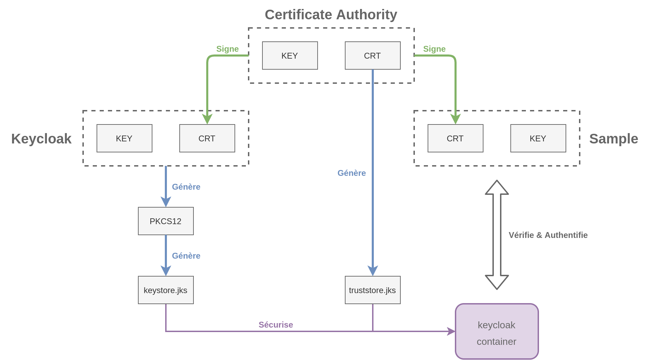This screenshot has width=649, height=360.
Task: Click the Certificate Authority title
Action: (331, 15)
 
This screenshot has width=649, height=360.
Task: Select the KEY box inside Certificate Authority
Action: (290, 56)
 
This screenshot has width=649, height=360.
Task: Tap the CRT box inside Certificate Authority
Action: (372, 56)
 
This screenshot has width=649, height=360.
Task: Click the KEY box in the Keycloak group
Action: (124, 138)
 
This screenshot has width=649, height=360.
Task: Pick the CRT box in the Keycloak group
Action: (207, 138)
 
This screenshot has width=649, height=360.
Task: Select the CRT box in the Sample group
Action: (455, 138)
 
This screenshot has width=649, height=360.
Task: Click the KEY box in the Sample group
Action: (538, 138)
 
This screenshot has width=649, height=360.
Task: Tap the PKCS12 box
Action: (166, 221)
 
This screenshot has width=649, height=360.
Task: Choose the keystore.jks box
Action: (166, 290)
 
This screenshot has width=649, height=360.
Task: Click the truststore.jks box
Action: (372, 290)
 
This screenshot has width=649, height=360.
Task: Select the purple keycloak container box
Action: (497, 331)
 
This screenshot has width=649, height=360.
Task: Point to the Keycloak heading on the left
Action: (41, 139)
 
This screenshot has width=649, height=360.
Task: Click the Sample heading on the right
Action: (613, 139)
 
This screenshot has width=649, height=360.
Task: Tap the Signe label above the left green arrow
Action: (227, 49)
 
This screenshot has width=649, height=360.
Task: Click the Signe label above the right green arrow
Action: (434, 49)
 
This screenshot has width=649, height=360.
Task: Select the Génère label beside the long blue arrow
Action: (351, 173)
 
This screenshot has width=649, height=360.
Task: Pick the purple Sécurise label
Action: (276, 325)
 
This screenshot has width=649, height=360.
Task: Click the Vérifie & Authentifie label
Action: (548, 235)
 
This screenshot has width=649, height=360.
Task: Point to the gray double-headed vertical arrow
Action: (497, 235)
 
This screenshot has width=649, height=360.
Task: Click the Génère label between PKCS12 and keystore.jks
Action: (186, 256)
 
